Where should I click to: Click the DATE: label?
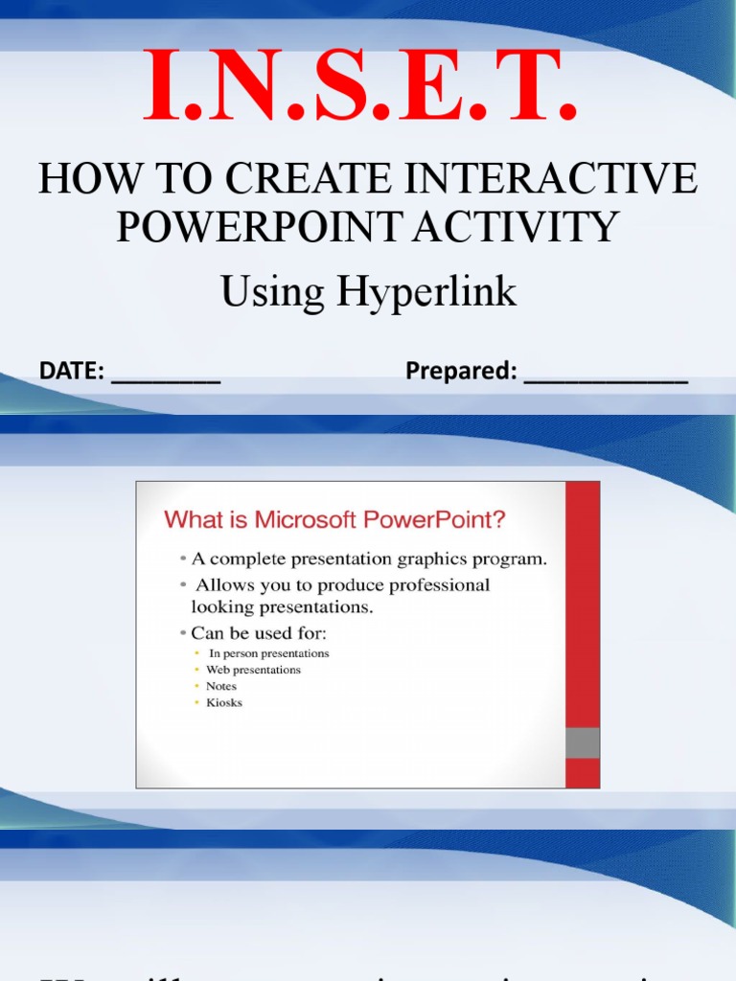[72, 371]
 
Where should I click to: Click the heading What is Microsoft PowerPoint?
[335, 520]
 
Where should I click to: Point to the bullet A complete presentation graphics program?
[369, 560]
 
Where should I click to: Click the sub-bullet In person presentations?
[269, 653]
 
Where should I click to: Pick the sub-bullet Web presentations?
[253, 670]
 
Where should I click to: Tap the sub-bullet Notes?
[221, 686]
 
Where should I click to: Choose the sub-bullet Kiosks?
[224, 702]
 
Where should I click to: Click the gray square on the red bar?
[583, 742]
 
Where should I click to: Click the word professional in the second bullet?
[441, 584]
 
